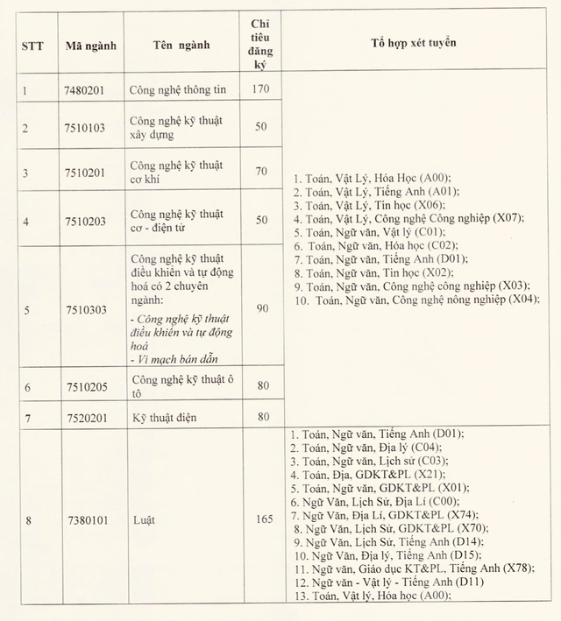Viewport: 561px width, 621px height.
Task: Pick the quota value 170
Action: point(259,88)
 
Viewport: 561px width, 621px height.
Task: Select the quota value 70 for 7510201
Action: point(260,172)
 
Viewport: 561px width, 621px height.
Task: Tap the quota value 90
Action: point(259,308)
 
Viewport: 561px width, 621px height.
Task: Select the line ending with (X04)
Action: point(417,300)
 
